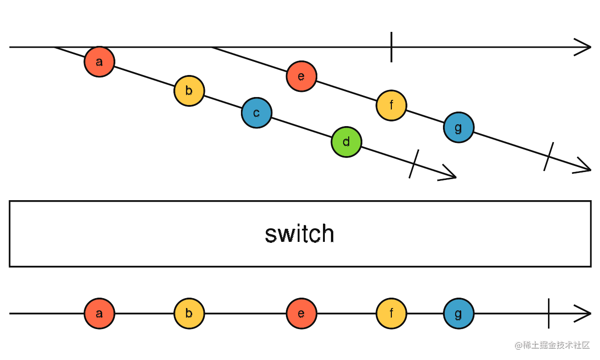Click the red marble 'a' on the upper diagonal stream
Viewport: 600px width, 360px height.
[x=99, y=62]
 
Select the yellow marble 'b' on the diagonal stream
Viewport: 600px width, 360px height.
[x=189, y=91]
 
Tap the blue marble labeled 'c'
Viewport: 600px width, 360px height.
[x=256, y=113]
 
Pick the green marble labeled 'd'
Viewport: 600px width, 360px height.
[x=346, y=142]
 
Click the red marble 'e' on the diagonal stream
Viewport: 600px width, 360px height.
[x=301, y=76]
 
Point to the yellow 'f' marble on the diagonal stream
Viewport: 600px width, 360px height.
[x=391, y=105]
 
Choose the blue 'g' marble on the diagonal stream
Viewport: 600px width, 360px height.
[x=458, y=127]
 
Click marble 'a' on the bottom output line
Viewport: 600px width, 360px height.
[x=99, y=314]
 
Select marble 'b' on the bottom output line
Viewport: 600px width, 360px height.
[x=189, y=314]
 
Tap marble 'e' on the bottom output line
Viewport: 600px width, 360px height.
[x=301, y=314]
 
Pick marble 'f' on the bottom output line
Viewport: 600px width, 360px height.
[x=391, y=314]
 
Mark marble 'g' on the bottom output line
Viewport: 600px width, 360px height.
[x=458, y=314]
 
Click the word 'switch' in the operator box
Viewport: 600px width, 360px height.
[x=300, y=234]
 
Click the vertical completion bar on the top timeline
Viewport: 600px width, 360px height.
[x=391, y=47]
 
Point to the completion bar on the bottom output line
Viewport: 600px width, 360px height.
[x=548, y=314]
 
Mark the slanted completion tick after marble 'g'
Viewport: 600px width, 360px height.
[x=548, y=157]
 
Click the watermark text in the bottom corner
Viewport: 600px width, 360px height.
[x=552, y=345]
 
